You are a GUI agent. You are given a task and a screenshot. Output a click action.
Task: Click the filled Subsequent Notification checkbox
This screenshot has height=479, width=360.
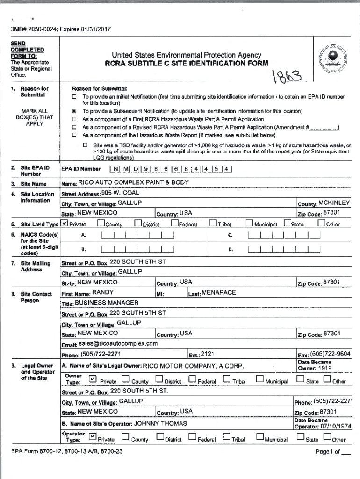point(74,112)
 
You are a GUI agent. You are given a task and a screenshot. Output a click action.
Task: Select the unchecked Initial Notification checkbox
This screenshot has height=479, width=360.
point(74,97)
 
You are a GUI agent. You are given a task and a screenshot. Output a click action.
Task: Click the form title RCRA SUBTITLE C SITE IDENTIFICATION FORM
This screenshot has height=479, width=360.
point(186,64)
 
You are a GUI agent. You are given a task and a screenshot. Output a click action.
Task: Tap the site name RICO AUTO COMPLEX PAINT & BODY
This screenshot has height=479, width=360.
point(134,182)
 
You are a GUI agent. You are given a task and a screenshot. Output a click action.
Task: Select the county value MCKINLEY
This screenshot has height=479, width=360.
point(334,203)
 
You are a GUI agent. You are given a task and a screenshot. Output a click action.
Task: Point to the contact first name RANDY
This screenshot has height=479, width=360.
point(103,292)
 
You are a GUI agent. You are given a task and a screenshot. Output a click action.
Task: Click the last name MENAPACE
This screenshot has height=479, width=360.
point(219,292)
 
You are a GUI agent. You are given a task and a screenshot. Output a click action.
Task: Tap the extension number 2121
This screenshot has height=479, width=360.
point(208,354)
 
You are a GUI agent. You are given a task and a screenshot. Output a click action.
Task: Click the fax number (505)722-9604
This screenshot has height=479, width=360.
point(331,354)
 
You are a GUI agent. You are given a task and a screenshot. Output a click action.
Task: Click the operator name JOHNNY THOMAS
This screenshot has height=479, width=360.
point(160,423)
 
